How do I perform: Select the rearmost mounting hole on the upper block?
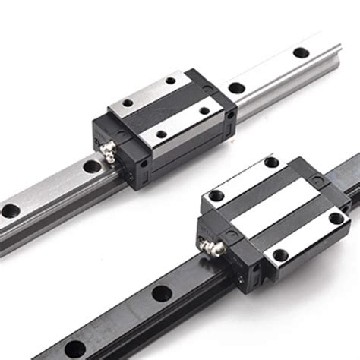171,81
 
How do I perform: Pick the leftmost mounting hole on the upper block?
128,103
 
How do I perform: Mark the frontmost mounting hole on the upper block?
160,134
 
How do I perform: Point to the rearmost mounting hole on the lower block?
271,162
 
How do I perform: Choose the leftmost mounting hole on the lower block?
217,195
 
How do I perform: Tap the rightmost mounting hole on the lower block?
335,219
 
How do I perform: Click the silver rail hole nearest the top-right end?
302,53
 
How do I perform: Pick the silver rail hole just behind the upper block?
237,87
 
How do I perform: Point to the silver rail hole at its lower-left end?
10,210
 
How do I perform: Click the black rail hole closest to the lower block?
161,292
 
